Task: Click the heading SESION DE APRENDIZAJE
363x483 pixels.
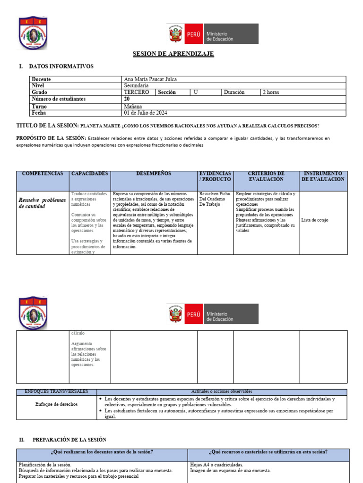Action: pos(173,54)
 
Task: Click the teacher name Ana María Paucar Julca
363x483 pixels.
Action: pos(150,80)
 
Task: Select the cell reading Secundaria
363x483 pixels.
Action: pos(136,86)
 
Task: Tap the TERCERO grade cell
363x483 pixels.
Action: pos(137,92)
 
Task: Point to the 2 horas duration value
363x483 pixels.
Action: pos(271,92)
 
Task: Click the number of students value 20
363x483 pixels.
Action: pos(127,99)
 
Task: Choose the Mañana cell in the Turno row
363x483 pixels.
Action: pos(133,107)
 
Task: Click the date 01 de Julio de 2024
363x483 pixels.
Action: pos(145,113)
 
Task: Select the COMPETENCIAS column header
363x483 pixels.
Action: pos(43,174)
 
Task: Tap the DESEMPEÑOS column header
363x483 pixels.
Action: pos(154,174)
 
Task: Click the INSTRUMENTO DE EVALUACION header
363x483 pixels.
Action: pos(323,176)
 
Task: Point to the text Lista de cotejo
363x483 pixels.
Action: pos(314,220)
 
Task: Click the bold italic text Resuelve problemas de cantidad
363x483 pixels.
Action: pos(42,203)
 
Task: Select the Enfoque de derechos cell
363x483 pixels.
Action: pos(56,404)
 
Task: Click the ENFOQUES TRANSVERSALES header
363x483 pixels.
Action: pos(56,391)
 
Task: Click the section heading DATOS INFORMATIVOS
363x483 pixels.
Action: pos(61,67)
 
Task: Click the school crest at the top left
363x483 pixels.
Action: pos(33,33)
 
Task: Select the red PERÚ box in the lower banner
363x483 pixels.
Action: pos(193,314)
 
